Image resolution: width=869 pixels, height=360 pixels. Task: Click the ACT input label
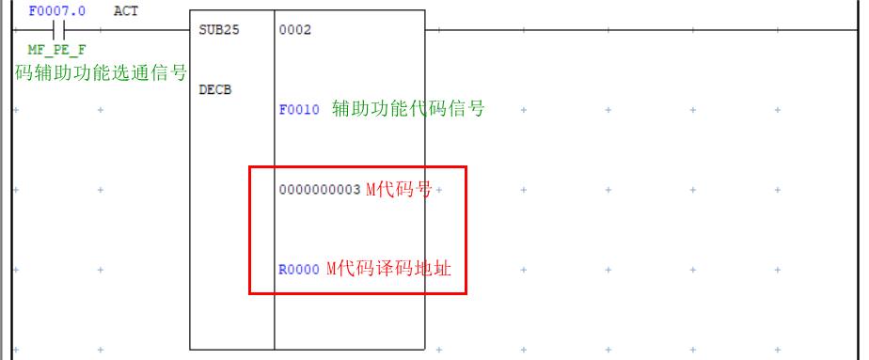(125, 11)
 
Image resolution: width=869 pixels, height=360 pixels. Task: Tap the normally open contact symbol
(57, 30)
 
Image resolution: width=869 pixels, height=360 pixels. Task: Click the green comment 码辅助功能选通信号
(101, 72)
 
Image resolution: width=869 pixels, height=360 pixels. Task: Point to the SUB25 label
(219, 30)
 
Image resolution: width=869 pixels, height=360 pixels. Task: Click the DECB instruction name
(215, 90)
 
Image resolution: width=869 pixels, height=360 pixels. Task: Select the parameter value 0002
(294, 30)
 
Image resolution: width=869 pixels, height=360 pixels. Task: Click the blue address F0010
(299, 110)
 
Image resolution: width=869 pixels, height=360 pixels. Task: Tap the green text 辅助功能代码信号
(408, 109)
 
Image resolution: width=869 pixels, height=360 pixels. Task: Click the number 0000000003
(320, 190)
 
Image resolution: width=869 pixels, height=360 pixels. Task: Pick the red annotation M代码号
(399, 189)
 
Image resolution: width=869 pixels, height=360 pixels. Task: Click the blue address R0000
(299, 270)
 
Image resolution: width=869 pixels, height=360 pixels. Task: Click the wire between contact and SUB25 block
(141, 30)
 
